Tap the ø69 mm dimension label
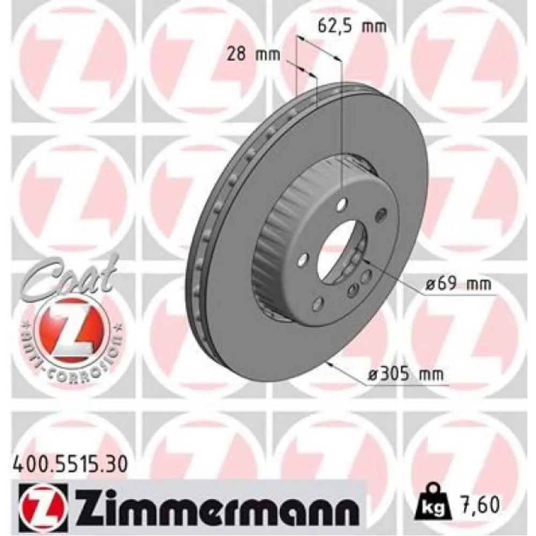coord(458,285)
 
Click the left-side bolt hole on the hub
coord(303,259)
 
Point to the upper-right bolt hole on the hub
coord(381,214)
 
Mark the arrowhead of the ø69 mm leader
coord(364,262)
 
